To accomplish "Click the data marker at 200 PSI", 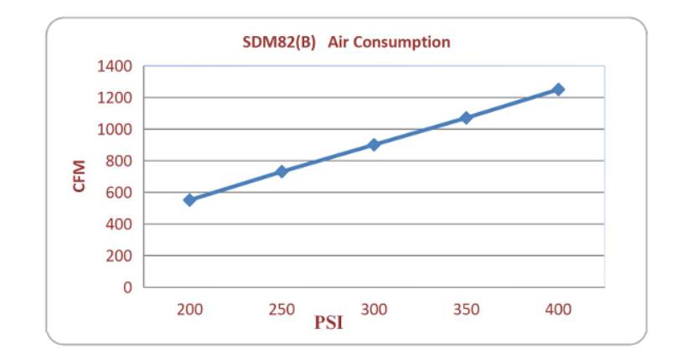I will pyautogui.click(x=189, y=200).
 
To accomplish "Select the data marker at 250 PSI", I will pyautogui.click(x=282, y=172).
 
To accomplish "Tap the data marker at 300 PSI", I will pyautogui.click(x=374, y=145).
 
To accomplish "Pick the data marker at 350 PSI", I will pyautogui.click(x=466, y=118).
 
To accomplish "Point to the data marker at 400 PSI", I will pyautogui.click(x=558, y=89).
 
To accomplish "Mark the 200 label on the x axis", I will pyautogui.click(x=189, y=310).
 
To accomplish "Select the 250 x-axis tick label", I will pyautogui.click(x=282, y=310).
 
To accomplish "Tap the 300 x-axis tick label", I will pyautogui.click(x=374, y=310).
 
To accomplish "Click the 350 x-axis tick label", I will pyautogui.click(x=466, y=310).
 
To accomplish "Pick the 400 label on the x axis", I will pyautogui.click(x=558, y=310).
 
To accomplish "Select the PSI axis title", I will pyautogui.click(x=328, y=322).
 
